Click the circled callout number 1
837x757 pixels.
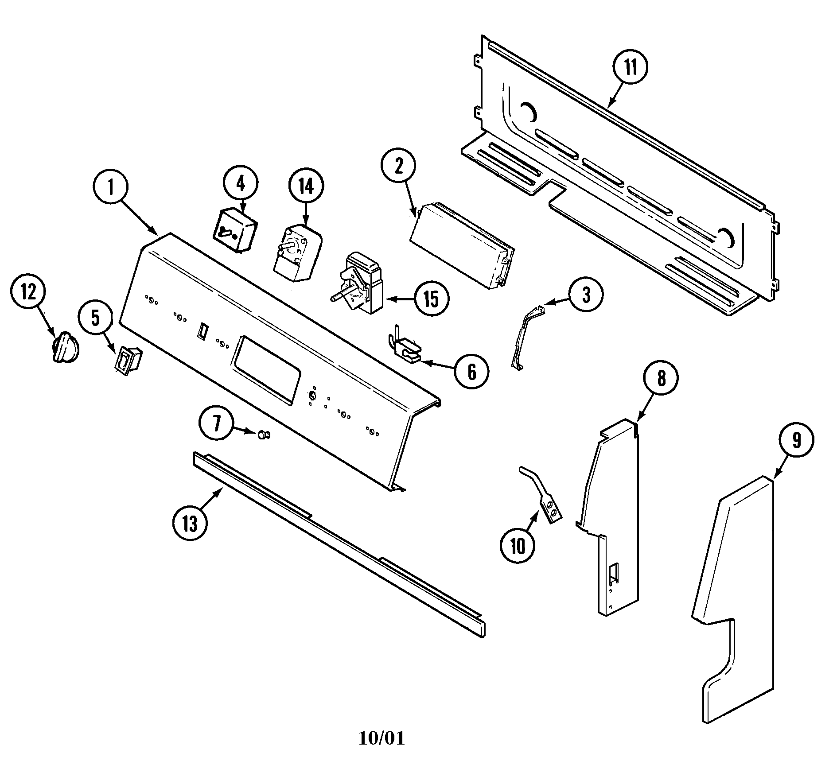point(111,188)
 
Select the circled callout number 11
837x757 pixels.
point(631,68)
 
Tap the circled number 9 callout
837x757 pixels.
point(797,440)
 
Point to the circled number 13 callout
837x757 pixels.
point(190,524)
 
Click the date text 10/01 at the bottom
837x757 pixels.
point(382,738)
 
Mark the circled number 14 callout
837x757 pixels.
point(306,186)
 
